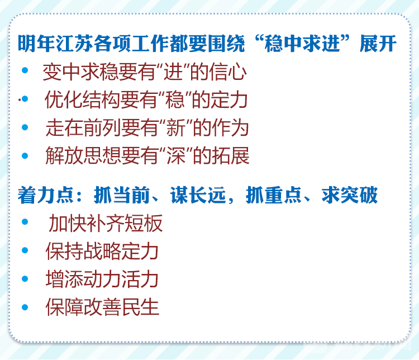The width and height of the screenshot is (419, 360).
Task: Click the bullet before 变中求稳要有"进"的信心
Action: coord(25,70)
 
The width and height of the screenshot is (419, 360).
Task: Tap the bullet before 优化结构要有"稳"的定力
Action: coord(25,99)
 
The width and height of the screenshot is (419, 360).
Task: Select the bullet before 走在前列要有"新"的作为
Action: coord(25,127)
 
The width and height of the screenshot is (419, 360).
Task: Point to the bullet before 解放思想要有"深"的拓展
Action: coord(25,155)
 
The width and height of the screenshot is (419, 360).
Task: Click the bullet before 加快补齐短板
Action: coord(25,222)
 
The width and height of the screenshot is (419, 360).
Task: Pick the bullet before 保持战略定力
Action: coord(25,250)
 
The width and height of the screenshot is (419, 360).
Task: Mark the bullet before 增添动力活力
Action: coord(25,279)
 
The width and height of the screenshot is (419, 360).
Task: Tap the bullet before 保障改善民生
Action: coord(25,307)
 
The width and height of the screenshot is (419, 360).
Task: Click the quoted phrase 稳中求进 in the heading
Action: coord(302,44)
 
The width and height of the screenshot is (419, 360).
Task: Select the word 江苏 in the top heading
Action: coord(74,44)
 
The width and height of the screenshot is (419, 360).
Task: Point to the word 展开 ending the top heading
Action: coord(378,44)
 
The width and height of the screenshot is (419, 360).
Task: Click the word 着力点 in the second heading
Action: coord(46,195)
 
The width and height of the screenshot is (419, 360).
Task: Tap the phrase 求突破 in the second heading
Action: coord(350,195)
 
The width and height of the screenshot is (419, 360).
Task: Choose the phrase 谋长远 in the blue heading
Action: coord(198,195)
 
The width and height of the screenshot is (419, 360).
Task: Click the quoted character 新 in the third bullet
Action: coord(175,127)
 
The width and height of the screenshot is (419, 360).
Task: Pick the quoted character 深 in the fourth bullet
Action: coord(176,156)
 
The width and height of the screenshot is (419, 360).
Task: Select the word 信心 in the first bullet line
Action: coord(228,72)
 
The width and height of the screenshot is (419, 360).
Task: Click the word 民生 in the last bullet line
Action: coord(141,307)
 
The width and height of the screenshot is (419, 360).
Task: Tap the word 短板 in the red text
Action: coord(144,223)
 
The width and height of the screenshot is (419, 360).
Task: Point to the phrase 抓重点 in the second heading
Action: coord(274,195)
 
